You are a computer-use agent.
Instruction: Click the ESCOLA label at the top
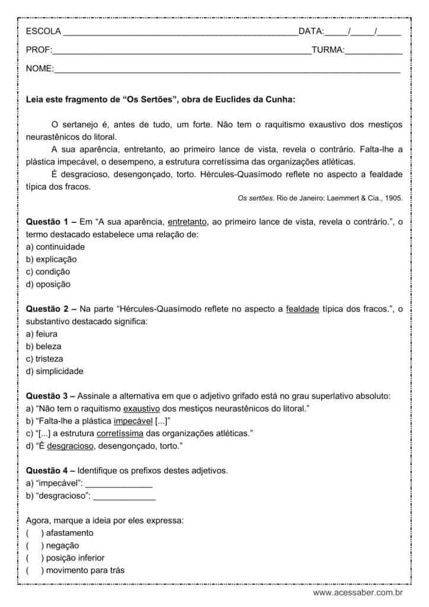[43, 31]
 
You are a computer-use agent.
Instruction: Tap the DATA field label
[311, 31]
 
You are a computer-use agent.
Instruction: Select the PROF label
[39, 50]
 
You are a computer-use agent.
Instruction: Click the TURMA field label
[328, 50]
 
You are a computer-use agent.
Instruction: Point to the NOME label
[40, 69]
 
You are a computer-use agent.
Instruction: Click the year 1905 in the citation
[392, 199]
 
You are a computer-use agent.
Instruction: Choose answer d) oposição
[48, 284]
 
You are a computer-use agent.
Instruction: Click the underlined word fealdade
[303, 309]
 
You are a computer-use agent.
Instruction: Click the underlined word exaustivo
[142, 408]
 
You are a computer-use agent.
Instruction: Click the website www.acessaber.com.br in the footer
[358, 592]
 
